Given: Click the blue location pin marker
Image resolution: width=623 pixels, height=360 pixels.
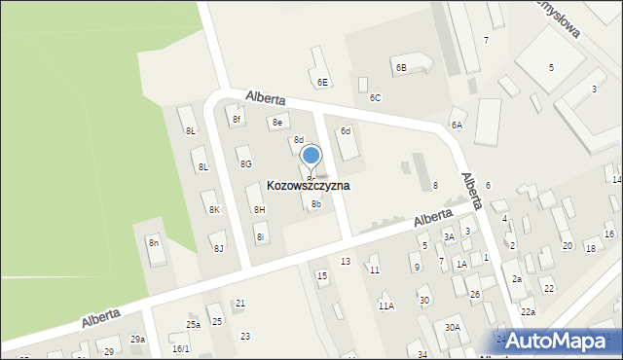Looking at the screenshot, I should coord(311,157).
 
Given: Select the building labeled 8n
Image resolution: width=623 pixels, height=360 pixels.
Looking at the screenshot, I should coord(154,242).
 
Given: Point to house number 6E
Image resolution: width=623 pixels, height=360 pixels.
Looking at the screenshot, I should coord(322,82).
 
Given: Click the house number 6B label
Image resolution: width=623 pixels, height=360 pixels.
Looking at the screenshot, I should coord(400,67).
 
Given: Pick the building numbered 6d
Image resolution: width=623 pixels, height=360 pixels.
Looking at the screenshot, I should coord(345,131).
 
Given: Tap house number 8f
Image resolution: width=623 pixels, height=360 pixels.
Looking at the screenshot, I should coord(236,120).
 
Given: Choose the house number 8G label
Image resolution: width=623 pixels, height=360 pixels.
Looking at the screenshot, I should coord(246,163).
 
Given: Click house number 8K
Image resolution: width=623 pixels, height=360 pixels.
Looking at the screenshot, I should coord(214,209).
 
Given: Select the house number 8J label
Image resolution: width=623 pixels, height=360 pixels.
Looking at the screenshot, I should coord(219,249).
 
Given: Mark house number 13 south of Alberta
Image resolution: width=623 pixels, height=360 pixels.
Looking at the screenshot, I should coord(345,262).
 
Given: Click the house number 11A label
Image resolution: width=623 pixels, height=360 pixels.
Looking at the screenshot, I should coord(385,306).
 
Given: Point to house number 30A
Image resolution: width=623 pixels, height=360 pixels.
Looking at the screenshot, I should coord(453,327).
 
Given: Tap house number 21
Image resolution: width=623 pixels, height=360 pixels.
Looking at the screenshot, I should coord(239,304).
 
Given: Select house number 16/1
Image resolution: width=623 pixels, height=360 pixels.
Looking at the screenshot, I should coord(180,348).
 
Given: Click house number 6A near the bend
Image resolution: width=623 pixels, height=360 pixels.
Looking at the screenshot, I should coord(456,125).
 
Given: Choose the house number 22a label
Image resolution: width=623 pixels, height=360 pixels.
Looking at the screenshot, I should coord(528,311).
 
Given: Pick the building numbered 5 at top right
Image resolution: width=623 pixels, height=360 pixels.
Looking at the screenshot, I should coord(551,67).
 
